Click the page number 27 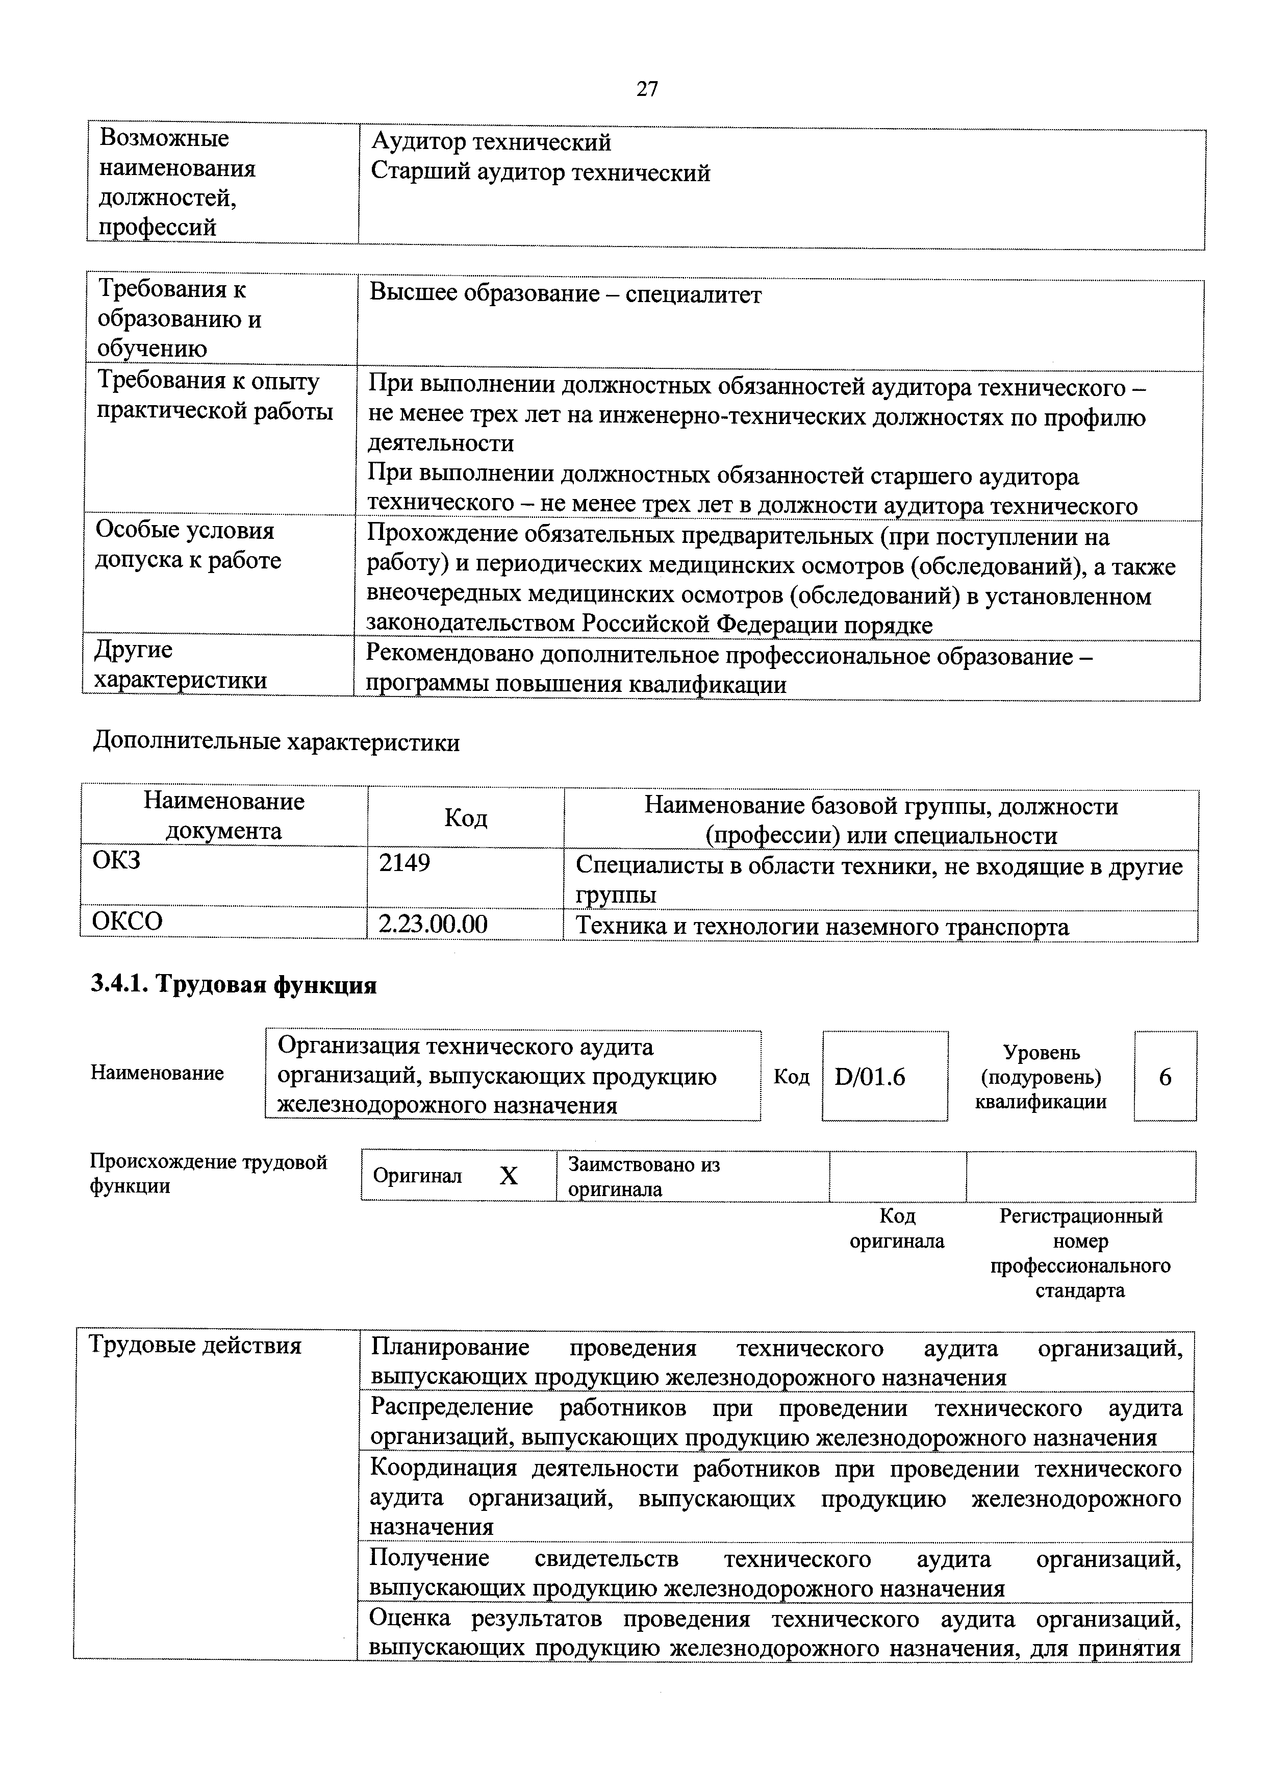pos(646,90)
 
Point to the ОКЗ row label pos(117,861)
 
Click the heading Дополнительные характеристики pos(276,742)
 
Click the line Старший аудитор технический pos(540,172)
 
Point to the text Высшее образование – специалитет pos(565,295)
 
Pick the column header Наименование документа pos(224,816)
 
